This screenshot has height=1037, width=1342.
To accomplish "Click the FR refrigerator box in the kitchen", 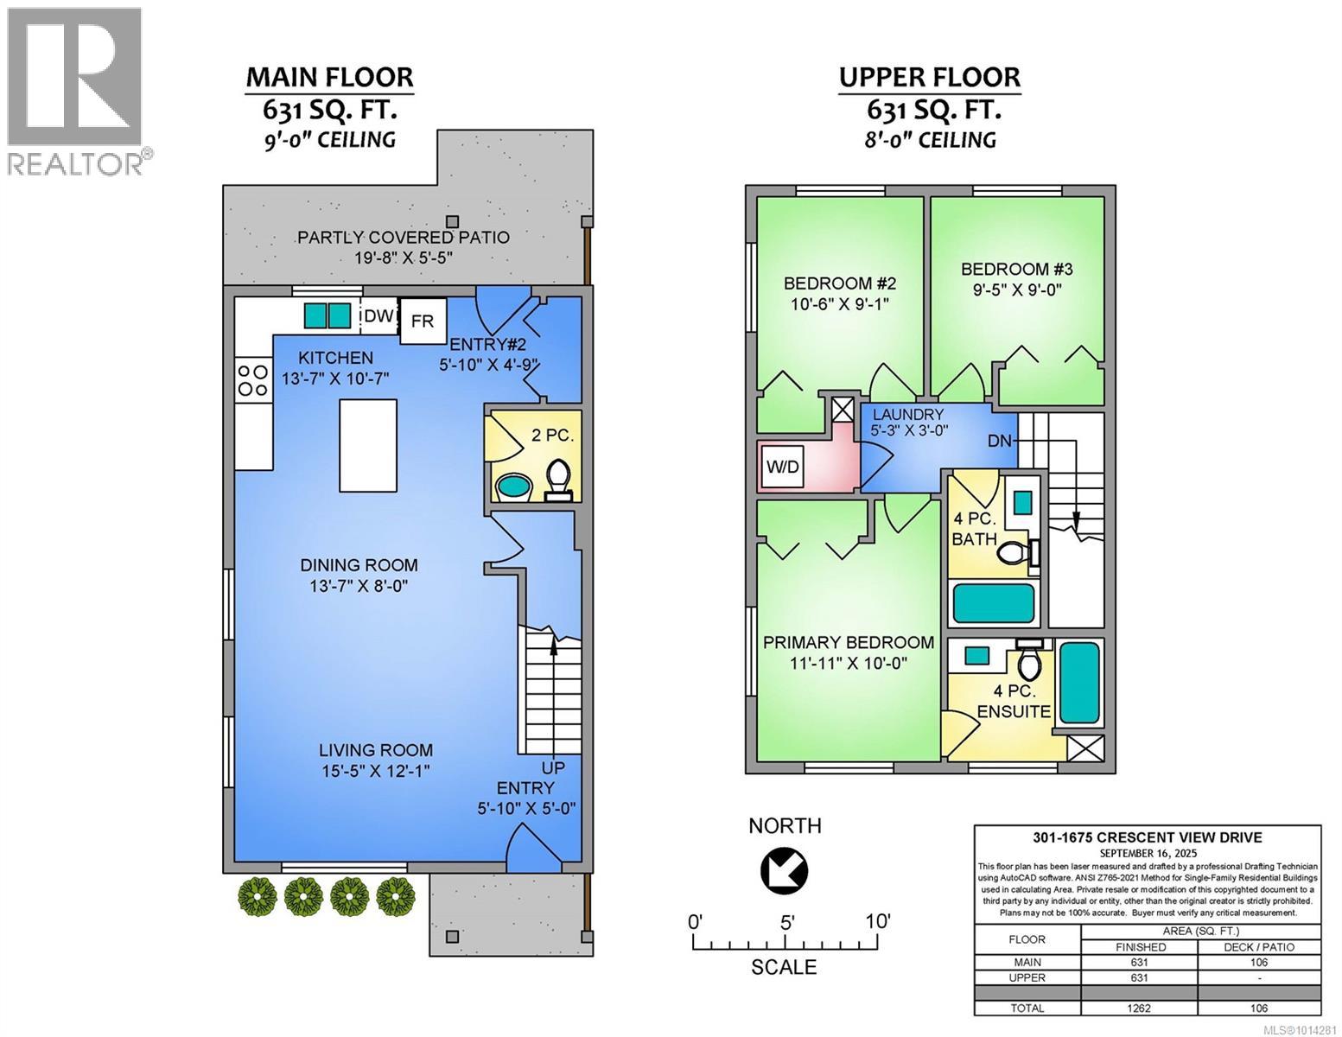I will coord(423,321).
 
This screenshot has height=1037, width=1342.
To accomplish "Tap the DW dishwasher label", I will coord(378,316).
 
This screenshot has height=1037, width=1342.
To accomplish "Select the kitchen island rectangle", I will coord(368,445).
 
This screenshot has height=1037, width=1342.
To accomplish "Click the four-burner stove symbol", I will coord(252,380).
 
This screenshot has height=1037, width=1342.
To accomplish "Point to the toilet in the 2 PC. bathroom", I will coord(558,479).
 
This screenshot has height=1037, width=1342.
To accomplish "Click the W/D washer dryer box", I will coord(783,468).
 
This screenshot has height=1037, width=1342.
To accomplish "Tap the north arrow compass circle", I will coord(784,869).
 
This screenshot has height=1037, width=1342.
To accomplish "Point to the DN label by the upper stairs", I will coord(1000,441).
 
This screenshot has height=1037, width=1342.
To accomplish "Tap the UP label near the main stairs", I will coord(553,767).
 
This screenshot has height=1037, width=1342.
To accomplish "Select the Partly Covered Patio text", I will coord(404,237).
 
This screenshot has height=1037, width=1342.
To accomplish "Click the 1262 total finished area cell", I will coord(1139,1008).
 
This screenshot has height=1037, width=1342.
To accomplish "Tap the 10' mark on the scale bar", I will coord(878,921).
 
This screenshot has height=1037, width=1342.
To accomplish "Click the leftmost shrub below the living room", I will coord(257,895).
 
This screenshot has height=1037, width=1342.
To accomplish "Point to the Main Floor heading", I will coord(329,77).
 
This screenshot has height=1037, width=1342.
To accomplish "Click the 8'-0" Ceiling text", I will coord(930,139).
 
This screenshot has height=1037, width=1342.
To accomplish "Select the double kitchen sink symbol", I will coord(328,315).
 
